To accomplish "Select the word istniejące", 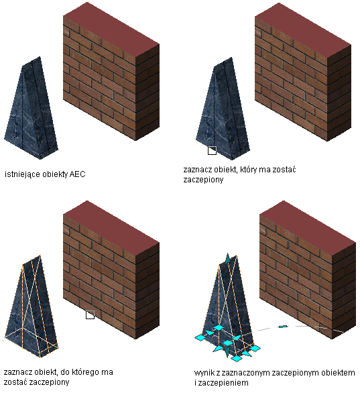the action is click(x=22, y=175).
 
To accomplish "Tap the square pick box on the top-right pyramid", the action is click(x=213, y=150).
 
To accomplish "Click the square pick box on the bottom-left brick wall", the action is click(x=90, y=315).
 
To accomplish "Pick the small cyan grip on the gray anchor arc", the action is click(x=283, y=327).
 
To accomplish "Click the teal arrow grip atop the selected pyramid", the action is click(x=228, y=258).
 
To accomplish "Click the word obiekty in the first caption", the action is click(x=55, y=174).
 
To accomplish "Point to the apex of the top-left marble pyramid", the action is click(x=40, y=57).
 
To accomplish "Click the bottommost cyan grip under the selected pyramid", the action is click(x=237, y=358).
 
